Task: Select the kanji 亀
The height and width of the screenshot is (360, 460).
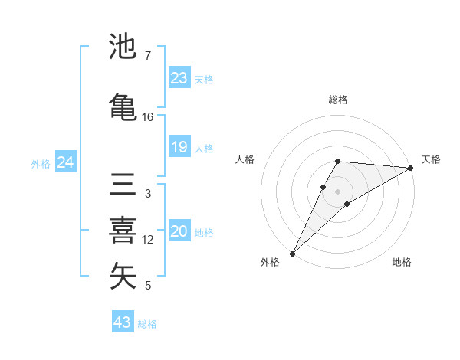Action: (123, 106)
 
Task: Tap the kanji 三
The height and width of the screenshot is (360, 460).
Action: (123, 185)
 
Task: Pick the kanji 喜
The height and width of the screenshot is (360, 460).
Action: (123, 231)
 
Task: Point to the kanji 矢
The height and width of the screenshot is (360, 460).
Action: (123, 277)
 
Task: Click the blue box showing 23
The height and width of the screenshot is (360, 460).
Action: (179, 78)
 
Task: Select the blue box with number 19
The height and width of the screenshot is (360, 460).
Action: (179, 147)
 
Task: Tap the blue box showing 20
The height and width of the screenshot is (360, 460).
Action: (179, 231)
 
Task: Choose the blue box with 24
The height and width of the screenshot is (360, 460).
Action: (65, 162)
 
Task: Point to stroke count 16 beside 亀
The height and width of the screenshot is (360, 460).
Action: (148, 117)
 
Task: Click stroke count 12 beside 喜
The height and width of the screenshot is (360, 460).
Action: (148, 240)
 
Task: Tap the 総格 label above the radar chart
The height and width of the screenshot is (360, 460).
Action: (338, 100)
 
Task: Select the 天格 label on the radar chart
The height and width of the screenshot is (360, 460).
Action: (431, 159)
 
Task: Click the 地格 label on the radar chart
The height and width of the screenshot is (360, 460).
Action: (402, 262)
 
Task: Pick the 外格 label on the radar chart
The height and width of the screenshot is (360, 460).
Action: (270, 262)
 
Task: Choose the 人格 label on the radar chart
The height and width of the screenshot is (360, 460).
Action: (245, 159)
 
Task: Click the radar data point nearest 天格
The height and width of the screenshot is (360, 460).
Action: (411, 168)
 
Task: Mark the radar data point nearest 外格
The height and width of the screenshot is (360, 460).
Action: (292, 254)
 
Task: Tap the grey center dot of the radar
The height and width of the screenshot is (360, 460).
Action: (338, 191)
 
